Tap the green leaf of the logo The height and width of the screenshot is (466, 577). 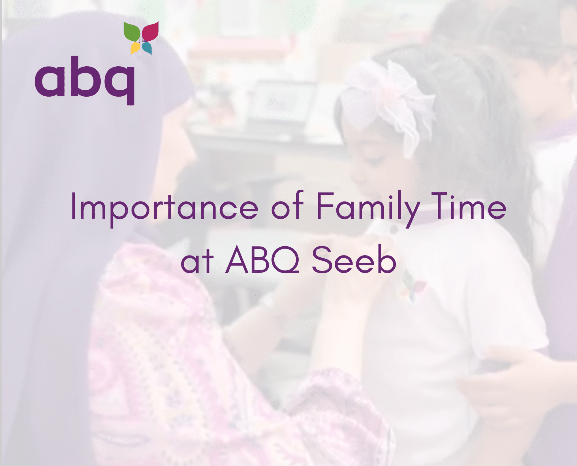[132, 31]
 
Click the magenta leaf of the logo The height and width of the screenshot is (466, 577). [150, 31]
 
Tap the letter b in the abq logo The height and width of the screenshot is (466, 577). [85, 76]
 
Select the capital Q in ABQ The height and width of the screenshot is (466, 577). [285, 260]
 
